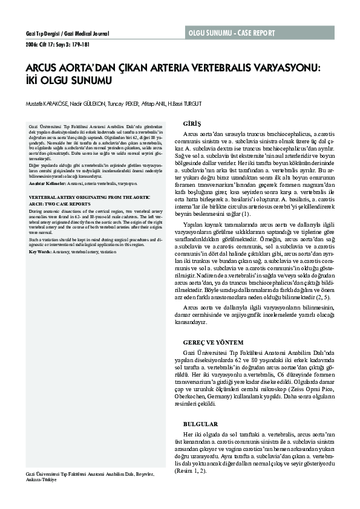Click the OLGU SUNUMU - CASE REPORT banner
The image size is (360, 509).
tap(231, 32)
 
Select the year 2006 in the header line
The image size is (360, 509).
tap(31, 44)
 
